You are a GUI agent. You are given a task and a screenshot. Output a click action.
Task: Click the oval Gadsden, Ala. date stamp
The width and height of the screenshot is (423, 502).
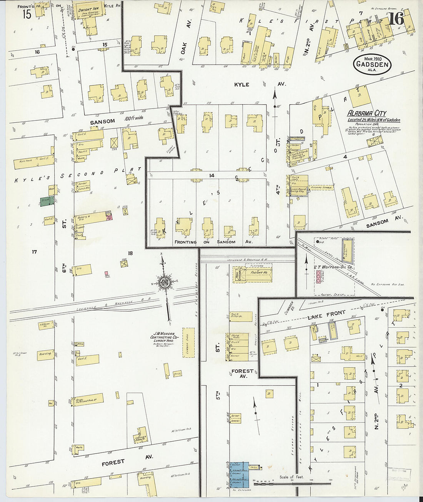click(371, 64)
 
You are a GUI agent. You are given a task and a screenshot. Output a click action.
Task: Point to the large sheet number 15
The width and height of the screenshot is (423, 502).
click(27, 14)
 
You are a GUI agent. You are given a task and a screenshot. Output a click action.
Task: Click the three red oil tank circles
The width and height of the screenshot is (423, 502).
click(319, 277)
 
